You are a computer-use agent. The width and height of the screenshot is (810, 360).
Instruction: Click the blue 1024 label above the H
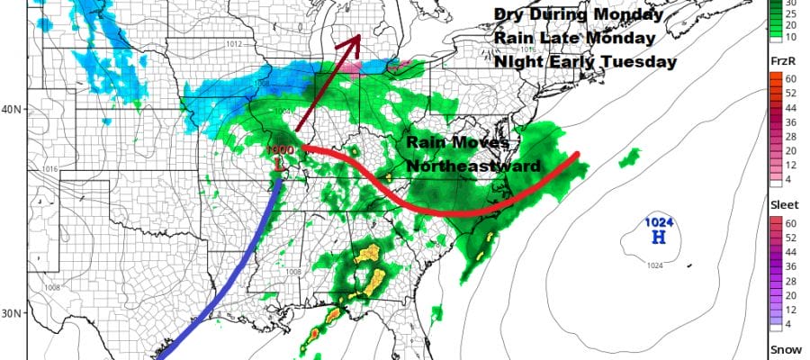658,221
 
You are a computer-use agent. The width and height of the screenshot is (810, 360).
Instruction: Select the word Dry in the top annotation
509,15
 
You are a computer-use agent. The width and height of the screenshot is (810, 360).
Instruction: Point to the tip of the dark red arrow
359,36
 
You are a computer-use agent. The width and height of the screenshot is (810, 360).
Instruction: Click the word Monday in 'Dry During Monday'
629,15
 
